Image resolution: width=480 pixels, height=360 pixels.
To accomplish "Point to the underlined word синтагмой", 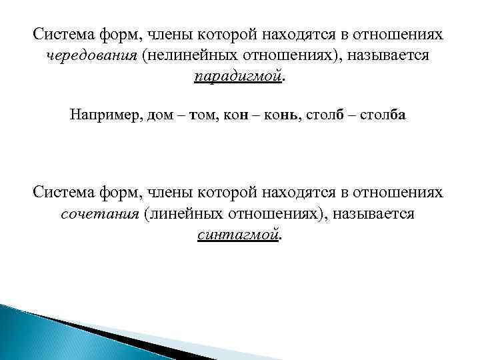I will pyautogui.click(x=238, y=235).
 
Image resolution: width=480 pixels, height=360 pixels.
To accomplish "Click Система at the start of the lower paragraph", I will pyautogui.click(x=63, y=193).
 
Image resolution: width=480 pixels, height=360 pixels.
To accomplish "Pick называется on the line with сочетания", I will pyautogui.click(x=371, y=215).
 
